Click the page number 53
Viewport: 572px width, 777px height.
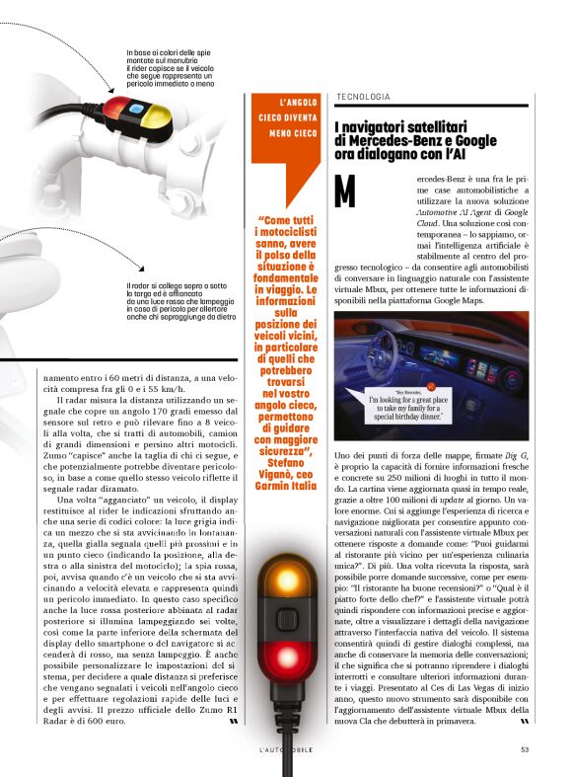525,748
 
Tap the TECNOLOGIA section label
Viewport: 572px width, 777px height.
363,97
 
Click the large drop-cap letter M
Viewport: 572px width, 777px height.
345,192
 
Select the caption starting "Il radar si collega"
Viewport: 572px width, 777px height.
181,302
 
